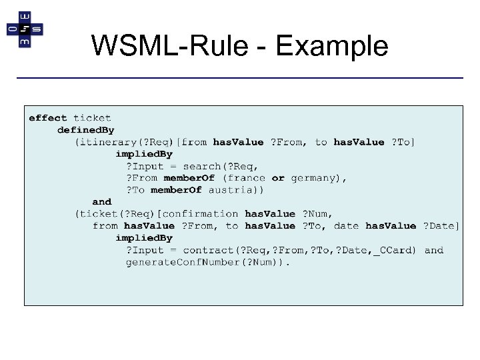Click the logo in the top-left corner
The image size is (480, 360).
pyautogui.click(x=25, y=29)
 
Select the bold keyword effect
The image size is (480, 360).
pyautogui.click(x=48, y=118)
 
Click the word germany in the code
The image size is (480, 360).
pyautogui.click(x=315, y=178)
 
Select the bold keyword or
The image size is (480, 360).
pyautogui.click(x=278, y=178)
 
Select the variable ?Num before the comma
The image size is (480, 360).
pyautogui.click(x=316, y=214)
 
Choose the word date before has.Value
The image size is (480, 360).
pyautogui.click(x=346, y=226)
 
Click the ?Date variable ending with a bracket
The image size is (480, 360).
pyautogui.click(x=441, y=226)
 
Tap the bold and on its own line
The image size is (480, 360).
pyautogui.click(x=102, y=202)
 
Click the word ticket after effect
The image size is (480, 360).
pyautogui.click(x=92, y=118)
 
